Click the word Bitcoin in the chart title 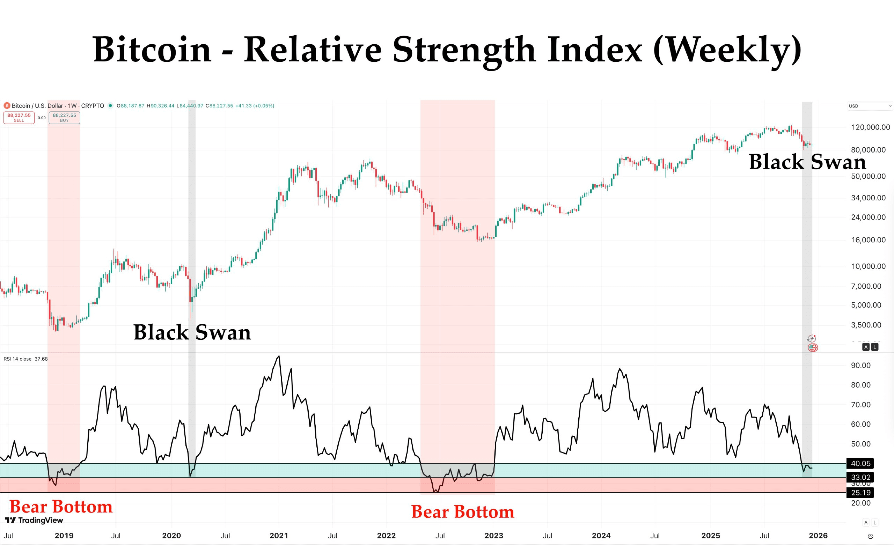coord(152,50)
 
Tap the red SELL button coord(19,118)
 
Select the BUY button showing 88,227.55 coord(64,118)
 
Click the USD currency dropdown coord(870,106)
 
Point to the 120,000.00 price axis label coord(870,127)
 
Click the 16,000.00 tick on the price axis coord(868,240)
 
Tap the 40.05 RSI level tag coord(860,463)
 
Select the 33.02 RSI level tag coord(860,477)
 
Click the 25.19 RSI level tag coord(860,492)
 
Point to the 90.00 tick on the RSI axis coord(860,366)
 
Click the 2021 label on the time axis coord(279,536)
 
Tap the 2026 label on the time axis coord(818,536)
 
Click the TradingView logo coord(34,520)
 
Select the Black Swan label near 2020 coord(192,332)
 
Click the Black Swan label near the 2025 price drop coord(807,162)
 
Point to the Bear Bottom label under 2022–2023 coord(463,512)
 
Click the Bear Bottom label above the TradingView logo coord(61,507)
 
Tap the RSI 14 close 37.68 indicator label coord(26,359)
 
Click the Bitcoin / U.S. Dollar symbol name coord(37,105)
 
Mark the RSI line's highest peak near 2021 coord(279,356)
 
